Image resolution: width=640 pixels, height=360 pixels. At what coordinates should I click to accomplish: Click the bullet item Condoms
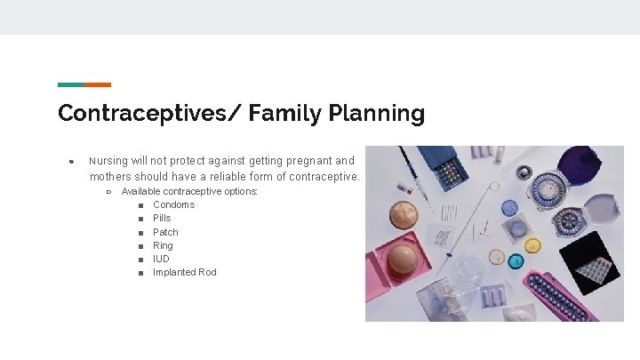[x=173, y=204]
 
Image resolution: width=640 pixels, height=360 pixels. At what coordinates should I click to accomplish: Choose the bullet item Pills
[x=162, y=218]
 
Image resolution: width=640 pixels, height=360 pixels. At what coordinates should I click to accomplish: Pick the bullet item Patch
[x=165, y=232]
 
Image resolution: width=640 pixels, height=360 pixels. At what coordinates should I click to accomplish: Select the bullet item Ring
[x=163, y=245]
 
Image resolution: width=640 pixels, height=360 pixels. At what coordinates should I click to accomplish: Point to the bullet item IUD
[x=161, y=259]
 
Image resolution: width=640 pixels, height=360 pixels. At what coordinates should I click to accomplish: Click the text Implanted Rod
[x=184, y=272]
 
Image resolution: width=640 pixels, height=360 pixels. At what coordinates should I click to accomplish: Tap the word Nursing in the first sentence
[x=108, y=161]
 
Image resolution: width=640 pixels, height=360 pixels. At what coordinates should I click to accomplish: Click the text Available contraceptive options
[x=189, y=191]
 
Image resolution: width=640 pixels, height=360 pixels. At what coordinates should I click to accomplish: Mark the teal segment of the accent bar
[x=71, y=84]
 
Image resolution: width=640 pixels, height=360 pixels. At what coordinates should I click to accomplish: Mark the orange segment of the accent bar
[x=98, y=84]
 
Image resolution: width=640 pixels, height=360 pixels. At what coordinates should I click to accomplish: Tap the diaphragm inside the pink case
[x=404, y=259]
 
